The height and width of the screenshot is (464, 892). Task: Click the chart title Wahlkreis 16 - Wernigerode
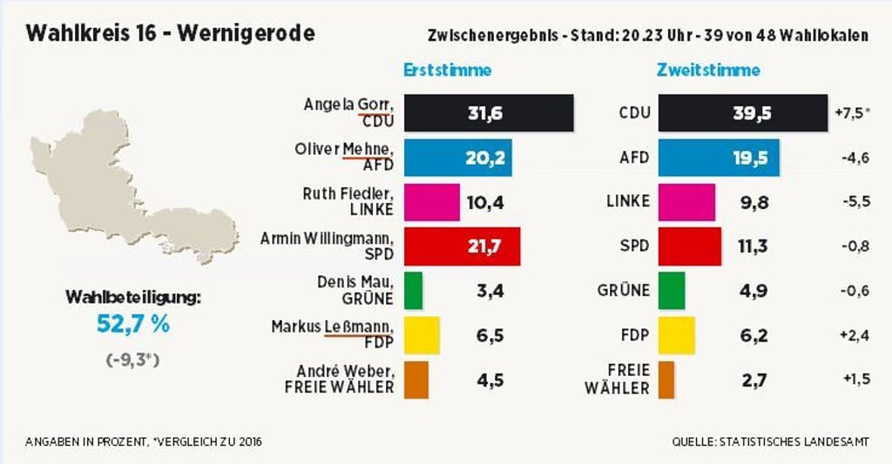pyautogui.click(x=171, y=34)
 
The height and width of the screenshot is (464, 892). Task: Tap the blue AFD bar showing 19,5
pyautogui.click(x=719, y=158)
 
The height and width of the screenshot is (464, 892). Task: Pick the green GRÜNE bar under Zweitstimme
pyautogui.click(x=672, y=290)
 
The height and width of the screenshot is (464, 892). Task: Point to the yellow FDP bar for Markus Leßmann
pyautogui.click(x=422, y=334)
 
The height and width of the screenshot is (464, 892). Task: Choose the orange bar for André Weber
pyautogui.click(x=416, y=379)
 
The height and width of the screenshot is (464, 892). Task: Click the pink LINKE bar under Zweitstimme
pyautogui.click(x=686, y=202)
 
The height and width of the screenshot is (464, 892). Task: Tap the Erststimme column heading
pyautogui.click(x=448, y=71)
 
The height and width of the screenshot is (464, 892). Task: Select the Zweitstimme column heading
pyautogui.click(x=708, y=71)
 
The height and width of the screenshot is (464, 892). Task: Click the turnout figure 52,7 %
pyautogui.click(x=133, y=326)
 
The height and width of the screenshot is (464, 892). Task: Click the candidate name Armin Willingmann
pyautogui.click(x=328, y=238)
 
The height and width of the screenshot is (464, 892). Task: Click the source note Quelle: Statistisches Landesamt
pyautogui.click(x=770, y=442)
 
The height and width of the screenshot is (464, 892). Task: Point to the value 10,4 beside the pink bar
pyautogui.click(x=485, y=202)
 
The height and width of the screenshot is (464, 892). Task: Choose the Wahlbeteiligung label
pyautogui.click(x=133, y=298)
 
